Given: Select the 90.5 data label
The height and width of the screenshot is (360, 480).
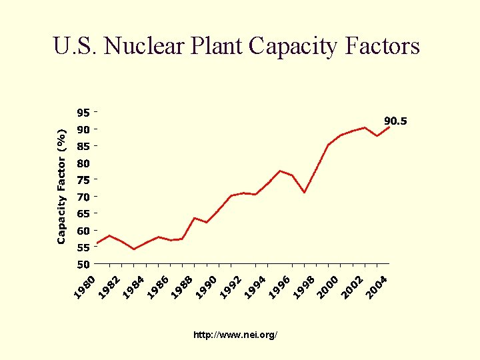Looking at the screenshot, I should point(395,121).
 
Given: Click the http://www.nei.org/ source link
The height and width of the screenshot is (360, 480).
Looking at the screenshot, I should point(235,335).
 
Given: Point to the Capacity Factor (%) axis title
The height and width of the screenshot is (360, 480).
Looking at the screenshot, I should point(61,186).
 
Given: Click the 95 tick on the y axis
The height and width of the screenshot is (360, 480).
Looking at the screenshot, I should point(83,112).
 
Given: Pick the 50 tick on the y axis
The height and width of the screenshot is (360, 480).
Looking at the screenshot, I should point(83,265).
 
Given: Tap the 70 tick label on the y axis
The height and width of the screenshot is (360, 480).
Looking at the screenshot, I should point(83,197).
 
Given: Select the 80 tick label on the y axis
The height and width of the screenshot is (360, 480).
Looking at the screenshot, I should point(83,163).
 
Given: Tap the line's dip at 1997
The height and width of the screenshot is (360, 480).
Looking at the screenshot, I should point(304,193).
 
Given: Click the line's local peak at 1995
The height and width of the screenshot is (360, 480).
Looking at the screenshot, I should point(280,171).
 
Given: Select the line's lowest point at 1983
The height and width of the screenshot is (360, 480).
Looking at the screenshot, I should point(134,249).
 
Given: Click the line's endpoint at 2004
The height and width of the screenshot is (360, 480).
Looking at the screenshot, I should point(389,127).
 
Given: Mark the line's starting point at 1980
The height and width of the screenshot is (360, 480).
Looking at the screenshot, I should point(97,243).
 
